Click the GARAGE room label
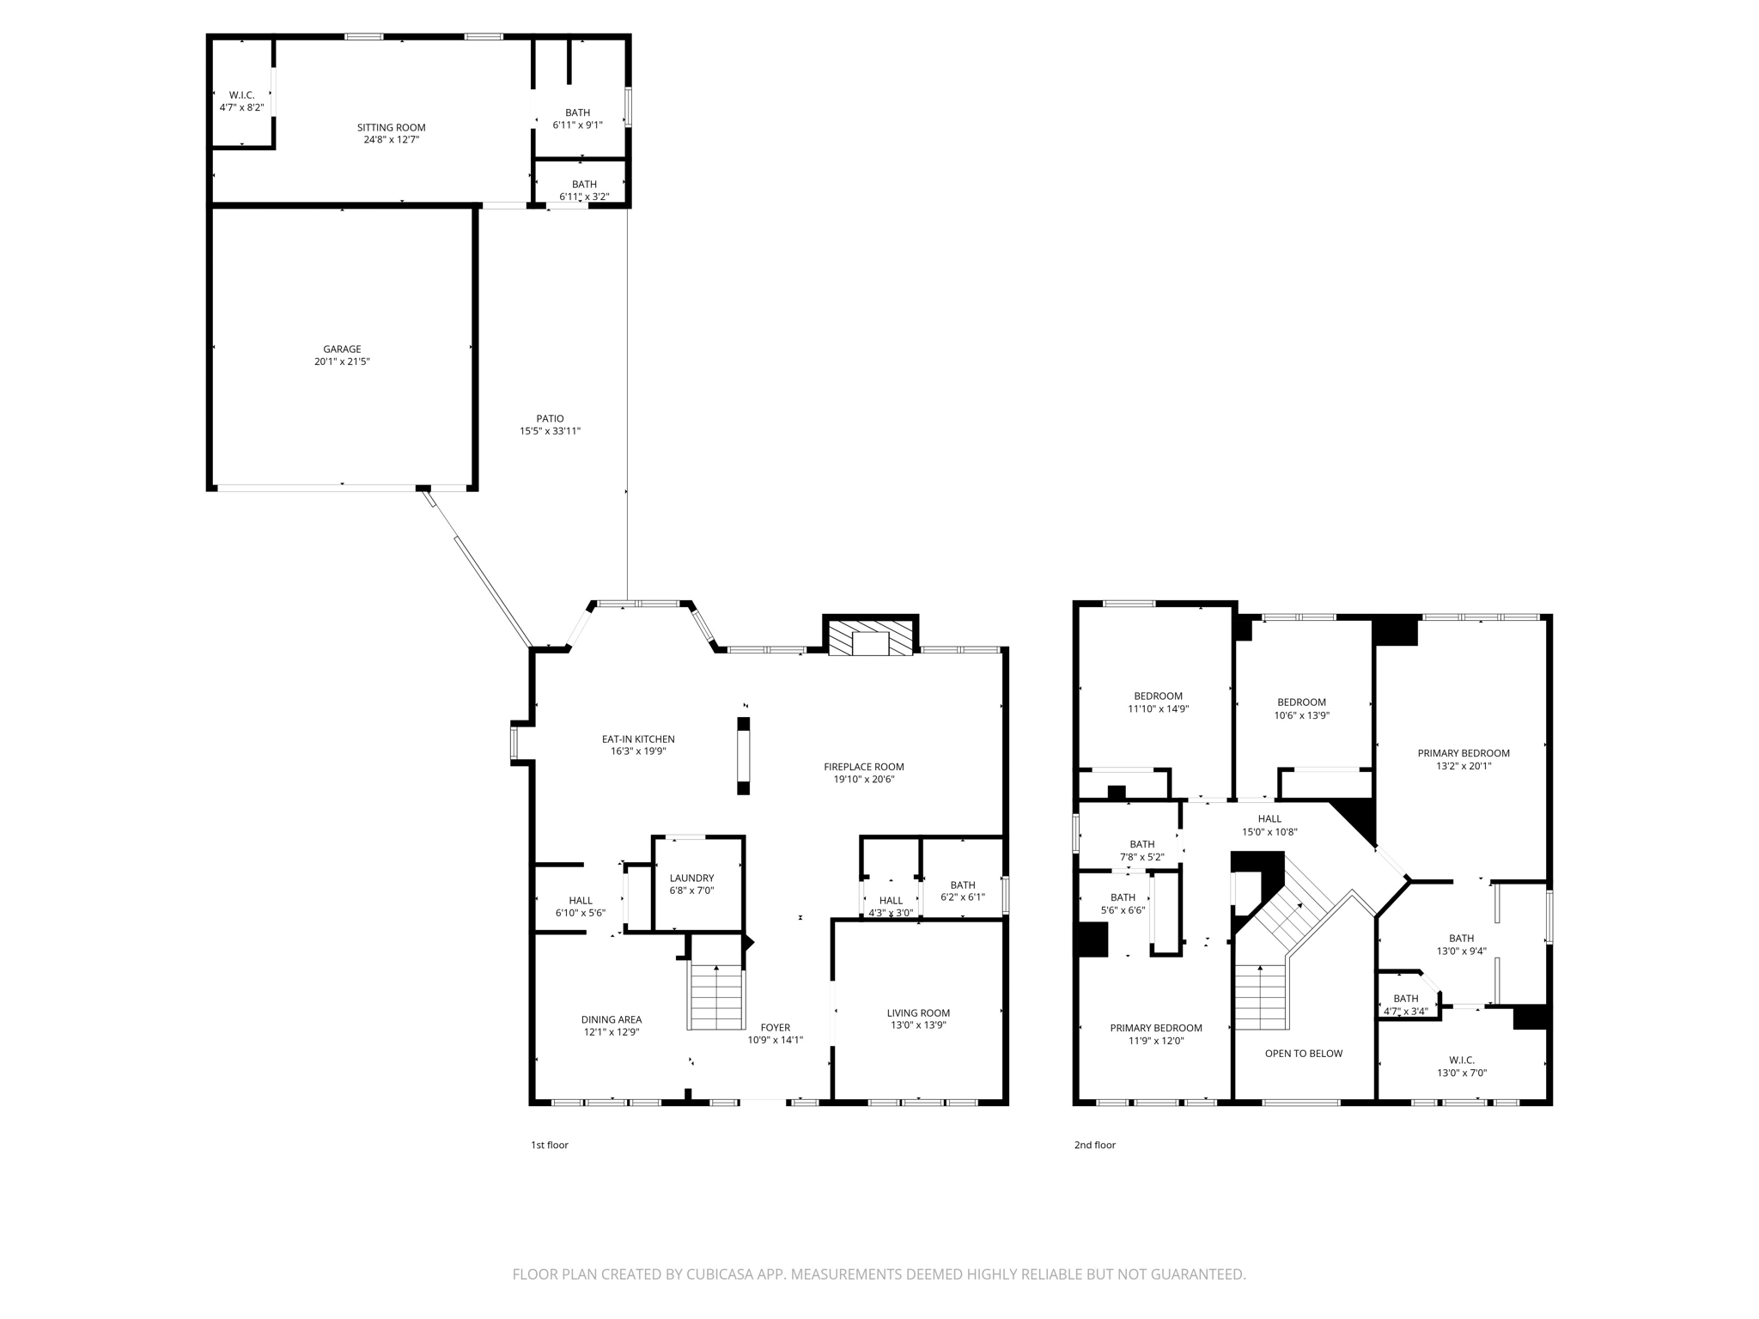pyautogui.click(x=342, y=350)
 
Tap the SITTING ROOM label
pyautogui.click(x=391, y=128)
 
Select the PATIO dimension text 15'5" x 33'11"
pyautogui.click(x=550, y=431)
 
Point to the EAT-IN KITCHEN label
pyautogui.click(x=637, y=739)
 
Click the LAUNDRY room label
pyautogui.click(x=691, y=878)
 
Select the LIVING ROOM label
pyautogui.click(x=918, y=1012)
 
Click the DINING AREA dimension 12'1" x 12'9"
pyautogui.click(x=611, y=1032)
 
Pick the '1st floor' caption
pyautogui.click(x=549, y=1145)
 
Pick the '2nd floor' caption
pyautogui.click(x=1094, y=1145)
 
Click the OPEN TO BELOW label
pyautogui.click(x=1303, y=1053)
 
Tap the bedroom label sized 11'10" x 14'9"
pyautogui.click(x=1158, y=696)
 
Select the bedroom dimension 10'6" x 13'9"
pyautogui.click(x=1301, y=715)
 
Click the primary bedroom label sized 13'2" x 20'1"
pyautogui.click(x=1463, y=753)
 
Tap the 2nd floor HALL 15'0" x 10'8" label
pyautogui.click(x=1269, y=818)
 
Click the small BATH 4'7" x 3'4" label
pyautogui.click(x=1405, y=999)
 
